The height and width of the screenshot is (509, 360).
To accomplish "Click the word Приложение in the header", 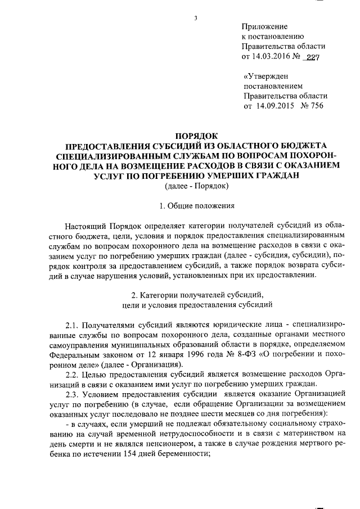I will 264,26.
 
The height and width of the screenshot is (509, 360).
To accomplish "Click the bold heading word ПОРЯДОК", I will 195,135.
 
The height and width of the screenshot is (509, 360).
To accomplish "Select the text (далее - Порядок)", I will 195,186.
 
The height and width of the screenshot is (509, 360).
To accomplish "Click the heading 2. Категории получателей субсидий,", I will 195,294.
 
